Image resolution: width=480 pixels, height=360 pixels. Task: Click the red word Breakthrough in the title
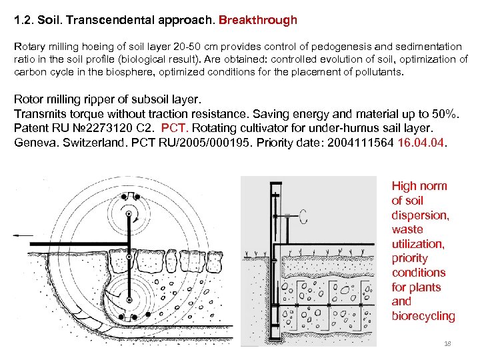257,20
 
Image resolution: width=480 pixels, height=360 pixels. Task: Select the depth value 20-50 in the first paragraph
183,47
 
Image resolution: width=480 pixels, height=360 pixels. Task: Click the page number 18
447,343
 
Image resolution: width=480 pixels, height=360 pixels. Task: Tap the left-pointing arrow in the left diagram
23,235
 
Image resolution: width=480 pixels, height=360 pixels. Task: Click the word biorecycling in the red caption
423,316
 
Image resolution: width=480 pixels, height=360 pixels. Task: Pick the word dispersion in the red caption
420,215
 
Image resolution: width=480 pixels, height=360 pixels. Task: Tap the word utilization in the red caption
418,244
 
